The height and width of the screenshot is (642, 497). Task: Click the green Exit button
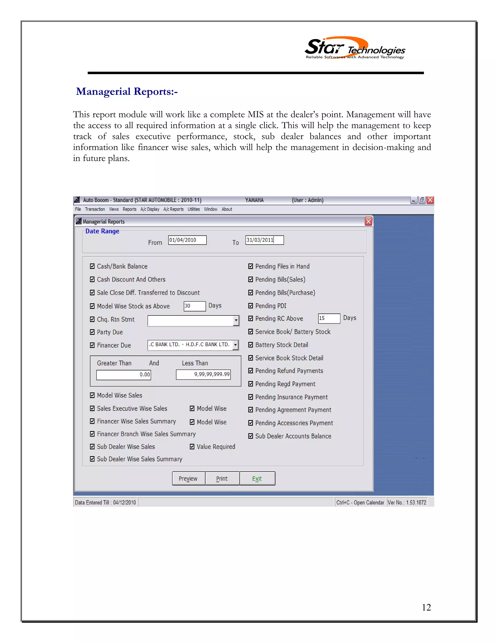(x=257, y=478)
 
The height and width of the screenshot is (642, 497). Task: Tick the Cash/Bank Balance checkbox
(x=92, y=266)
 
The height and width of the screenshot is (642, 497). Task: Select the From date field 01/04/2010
(x=187, y=240)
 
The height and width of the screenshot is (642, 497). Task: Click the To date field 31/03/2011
(x=265, y=240)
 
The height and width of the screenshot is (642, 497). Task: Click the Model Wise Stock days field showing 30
(x=194, y=306)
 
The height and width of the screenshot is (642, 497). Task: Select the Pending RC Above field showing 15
(x=329, y=318)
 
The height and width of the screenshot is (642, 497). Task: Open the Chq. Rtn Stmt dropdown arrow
(x=236, y=321)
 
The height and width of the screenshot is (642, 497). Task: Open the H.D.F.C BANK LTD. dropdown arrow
(x=236, y=345)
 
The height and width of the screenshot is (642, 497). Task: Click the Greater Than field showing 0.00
(x=124, y=375)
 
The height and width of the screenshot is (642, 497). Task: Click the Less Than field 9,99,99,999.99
(x=203, y=375)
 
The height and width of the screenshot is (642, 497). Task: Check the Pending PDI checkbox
(x=250, y=306)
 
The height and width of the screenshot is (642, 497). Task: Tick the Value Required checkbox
(x=192, y=447)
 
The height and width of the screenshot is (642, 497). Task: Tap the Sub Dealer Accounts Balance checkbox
(x=250, y=436)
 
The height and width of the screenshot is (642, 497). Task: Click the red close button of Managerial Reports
(x=368, y=221)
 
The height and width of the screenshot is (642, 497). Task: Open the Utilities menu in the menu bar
(x=193, y=209)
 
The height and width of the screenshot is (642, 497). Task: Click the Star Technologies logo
(x=355, y=48)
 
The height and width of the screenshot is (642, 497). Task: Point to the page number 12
(x=426, y=607)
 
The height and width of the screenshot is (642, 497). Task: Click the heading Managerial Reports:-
(x=127, y=92)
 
